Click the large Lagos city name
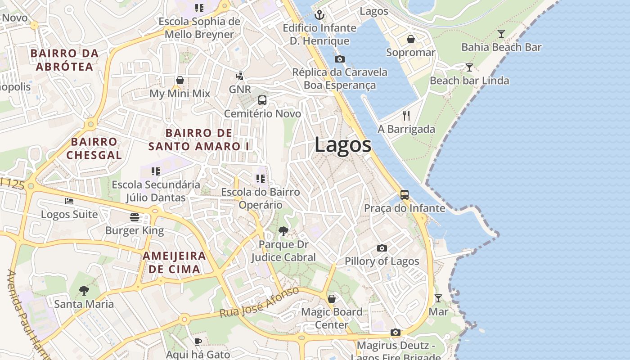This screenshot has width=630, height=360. pos(343,145)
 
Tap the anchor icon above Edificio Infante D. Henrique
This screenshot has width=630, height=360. pos(319,15)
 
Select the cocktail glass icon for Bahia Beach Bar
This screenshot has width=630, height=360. pos(501,34)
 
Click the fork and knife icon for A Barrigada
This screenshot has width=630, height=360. pos(406,116)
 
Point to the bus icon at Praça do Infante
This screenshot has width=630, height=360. pos(405,195)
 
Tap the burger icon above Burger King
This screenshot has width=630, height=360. pos(134,217)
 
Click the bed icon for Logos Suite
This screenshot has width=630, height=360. pos(69,201)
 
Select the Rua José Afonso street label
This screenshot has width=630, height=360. pos(259,302)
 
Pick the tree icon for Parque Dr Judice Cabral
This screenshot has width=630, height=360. pos(283,231)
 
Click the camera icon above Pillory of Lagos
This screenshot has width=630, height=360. pos(382,248)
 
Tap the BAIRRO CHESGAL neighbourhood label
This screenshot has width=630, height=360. pos(94,148)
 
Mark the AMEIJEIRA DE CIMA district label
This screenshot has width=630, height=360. pos(174,263)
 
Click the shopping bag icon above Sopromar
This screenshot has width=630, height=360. pos(411,39)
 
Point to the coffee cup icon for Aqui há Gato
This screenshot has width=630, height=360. pos(198,342)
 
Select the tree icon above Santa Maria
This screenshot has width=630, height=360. pos(84,291)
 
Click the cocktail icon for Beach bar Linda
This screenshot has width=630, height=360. pos(469,67)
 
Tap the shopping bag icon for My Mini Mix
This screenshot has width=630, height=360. pos(180,80)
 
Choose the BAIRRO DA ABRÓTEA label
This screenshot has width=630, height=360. pos(64,60)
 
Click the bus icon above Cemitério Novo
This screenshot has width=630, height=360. pos(262,100)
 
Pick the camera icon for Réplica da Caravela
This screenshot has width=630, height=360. pos(340,59)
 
